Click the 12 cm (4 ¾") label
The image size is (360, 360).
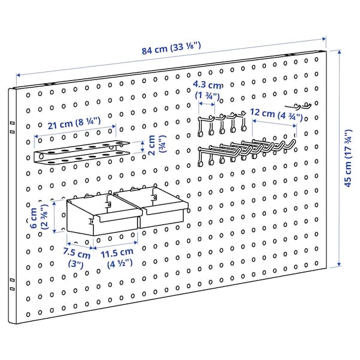click(x=273, y=112)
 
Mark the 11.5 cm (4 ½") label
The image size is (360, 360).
click(x=117, y=258)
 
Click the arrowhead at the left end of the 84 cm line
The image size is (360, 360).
click(x=18, y=75)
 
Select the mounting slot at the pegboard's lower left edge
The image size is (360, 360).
click(x=11, y=280)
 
